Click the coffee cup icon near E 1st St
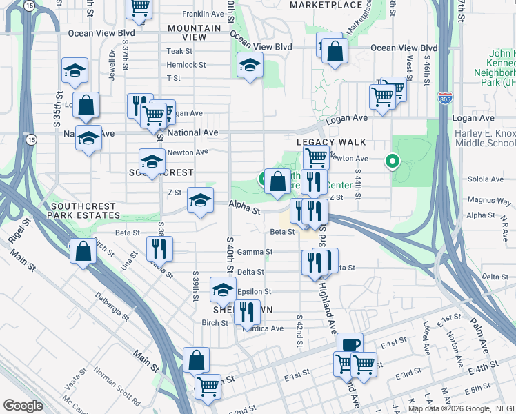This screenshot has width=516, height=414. (350, 344)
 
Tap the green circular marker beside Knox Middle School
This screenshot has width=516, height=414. (393, 163)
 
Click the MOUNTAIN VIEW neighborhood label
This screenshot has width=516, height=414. (195, 32)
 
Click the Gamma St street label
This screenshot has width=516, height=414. (251, 252)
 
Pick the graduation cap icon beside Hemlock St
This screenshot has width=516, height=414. (249, 66)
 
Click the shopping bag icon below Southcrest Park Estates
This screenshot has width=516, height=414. (83, 252)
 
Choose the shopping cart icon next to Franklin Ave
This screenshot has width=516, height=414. (140, 8)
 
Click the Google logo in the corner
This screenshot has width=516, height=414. (22, 406)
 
